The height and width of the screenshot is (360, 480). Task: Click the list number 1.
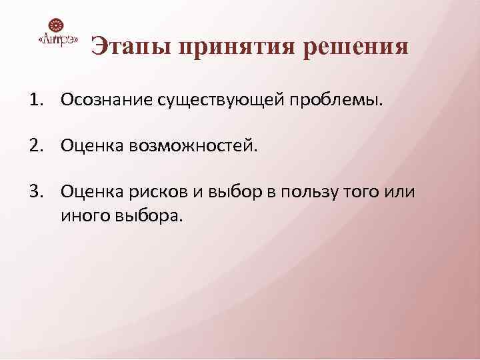35,100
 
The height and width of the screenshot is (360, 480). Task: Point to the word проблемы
337,101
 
